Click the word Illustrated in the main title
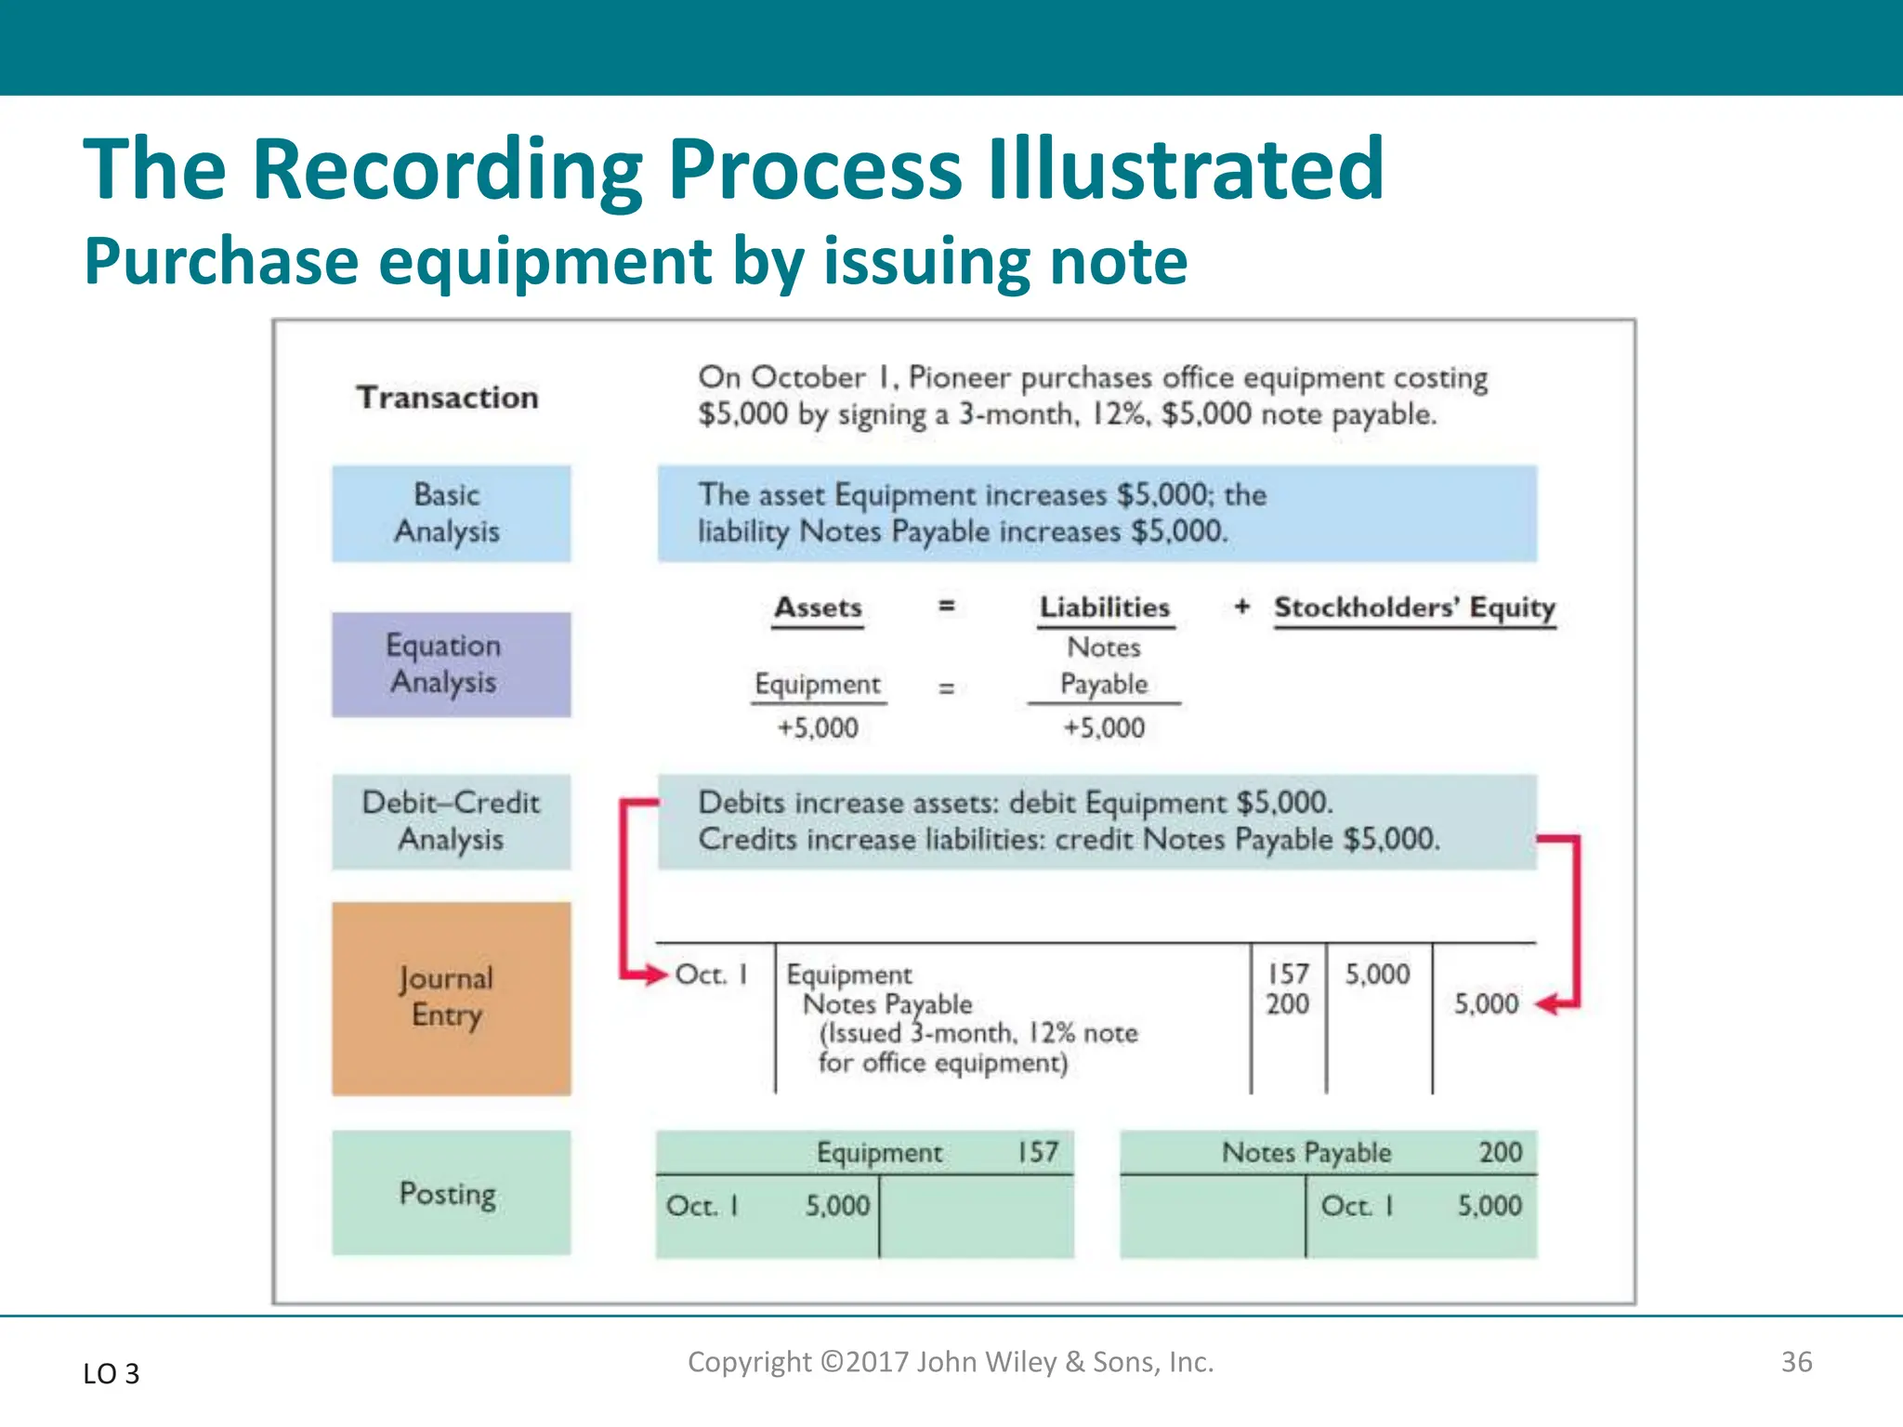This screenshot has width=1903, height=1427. (1185, 169)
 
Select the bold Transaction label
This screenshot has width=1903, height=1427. (447, 398)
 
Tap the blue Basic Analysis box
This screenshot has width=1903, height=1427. (451, 514)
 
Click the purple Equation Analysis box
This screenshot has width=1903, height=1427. (451, 664)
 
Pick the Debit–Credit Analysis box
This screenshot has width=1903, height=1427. (451, 821)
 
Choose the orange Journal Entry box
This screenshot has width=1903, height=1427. (451, 998)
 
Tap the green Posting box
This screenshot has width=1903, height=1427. (451, 1193)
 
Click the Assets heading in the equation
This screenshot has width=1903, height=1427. (818, 608)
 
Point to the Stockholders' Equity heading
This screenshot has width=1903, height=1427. (1413, 608)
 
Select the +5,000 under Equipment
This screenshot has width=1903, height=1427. (818, 727)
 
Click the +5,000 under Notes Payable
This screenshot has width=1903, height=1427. (1104, 727)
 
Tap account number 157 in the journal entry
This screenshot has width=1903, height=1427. (1288, 974)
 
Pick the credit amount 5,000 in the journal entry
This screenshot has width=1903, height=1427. (1486, 1003)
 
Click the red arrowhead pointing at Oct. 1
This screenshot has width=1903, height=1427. (656, 975)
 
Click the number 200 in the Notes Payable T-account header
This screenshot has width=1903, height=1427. (1500, 1152)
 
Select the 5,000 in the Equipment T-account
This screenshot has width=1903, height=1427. (837, 1206)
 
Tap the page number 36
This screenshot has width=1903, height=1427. (1796, 1362)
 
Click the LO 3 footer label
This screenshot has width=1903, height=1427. (111, 1373)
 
